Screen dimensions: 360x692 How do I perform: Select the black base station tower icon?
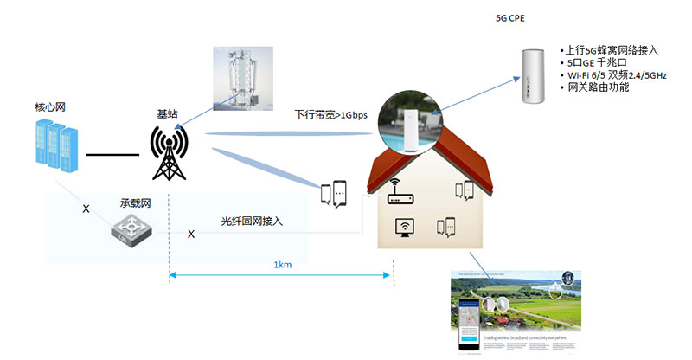169,153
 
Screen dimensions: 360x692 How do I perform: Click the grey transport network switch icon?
132,227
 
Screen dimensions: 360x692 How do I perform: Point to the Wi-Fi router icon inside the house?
400,192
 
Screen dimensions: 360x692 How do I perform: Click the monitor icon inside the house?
403,228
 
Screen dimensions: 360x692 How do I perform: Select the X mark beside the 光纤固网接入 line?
191,234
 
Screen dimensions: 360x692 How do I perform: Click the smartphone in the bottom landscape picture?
470,325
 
